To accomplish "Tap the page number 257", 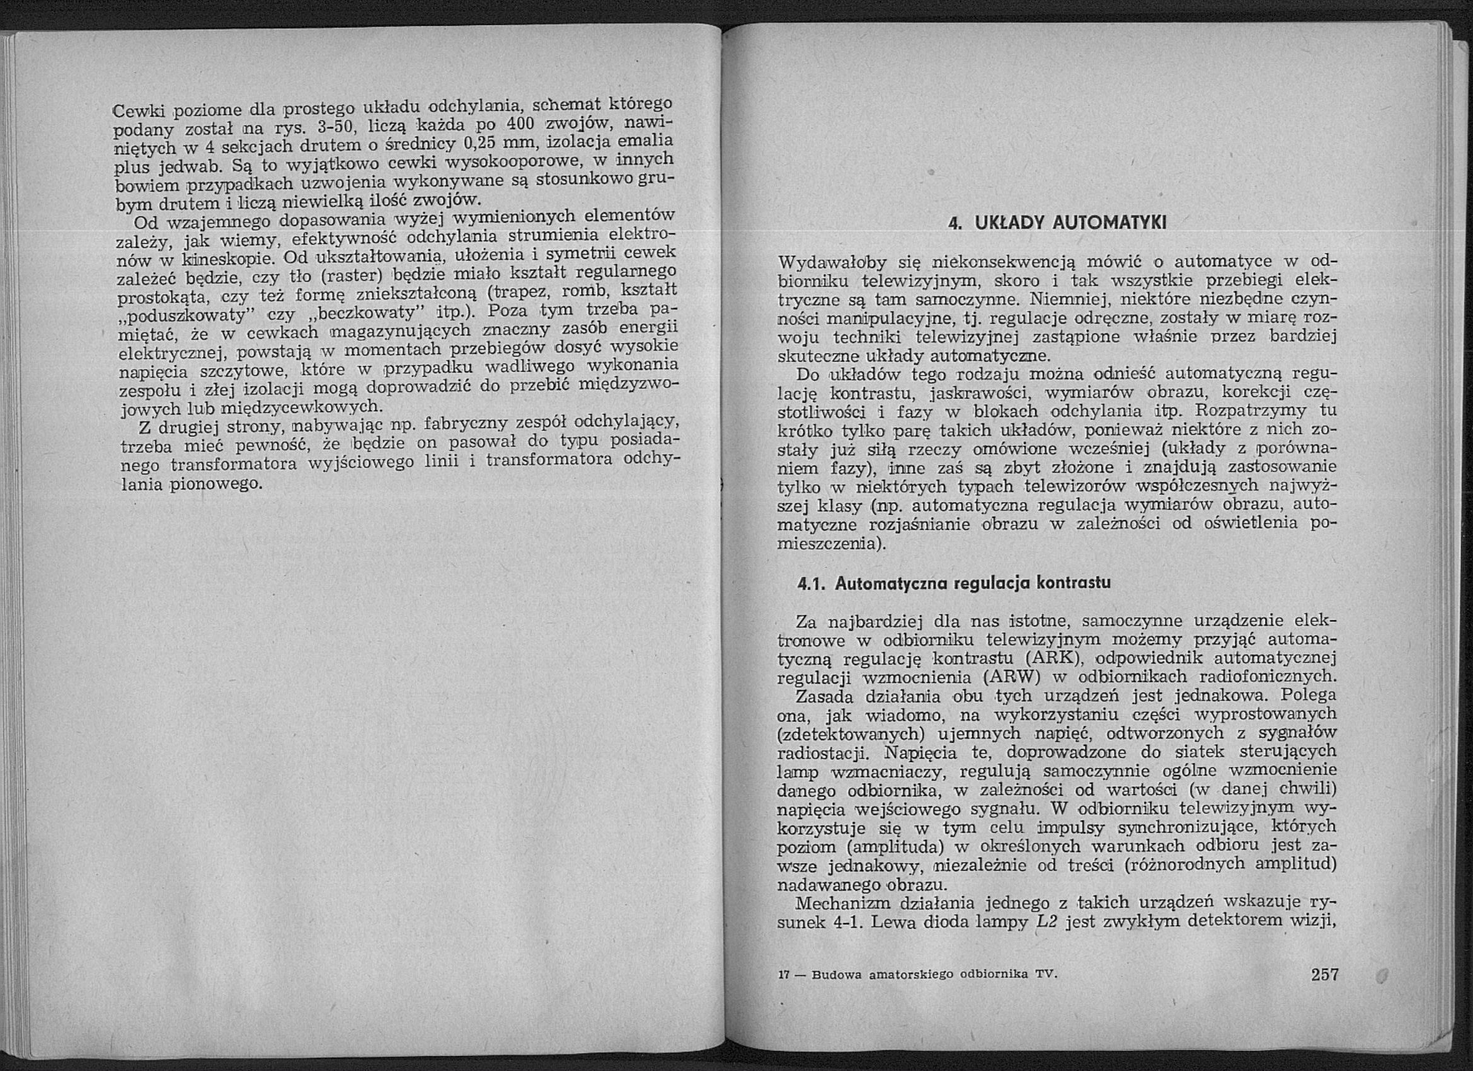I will pos(1324,974).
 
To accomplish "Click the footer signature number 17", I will pos(782,975).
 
